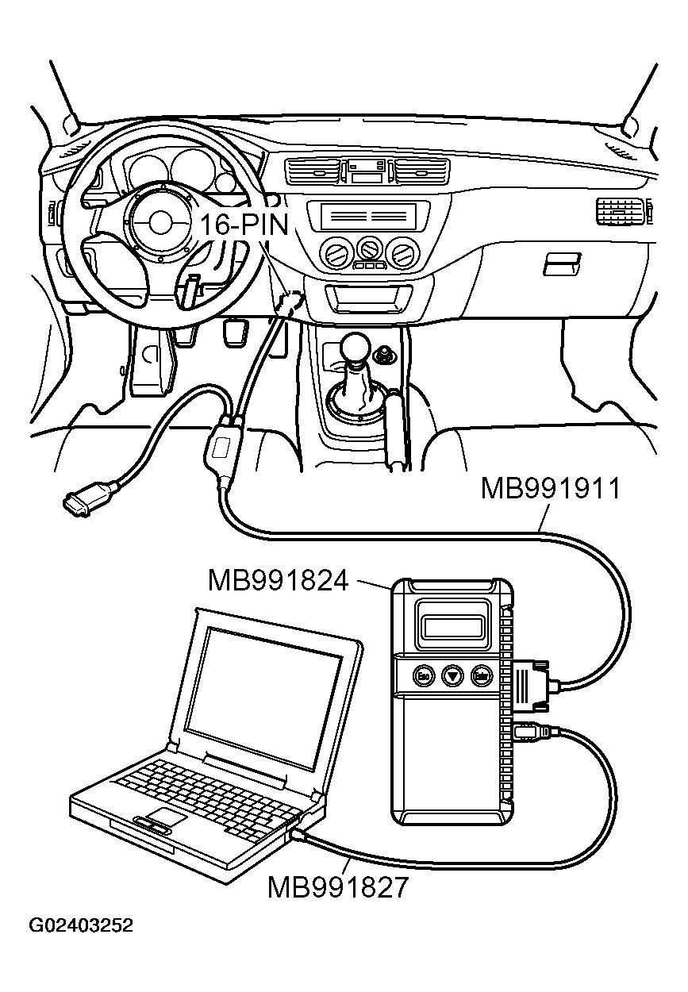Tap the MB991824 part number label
(x=279, y=581)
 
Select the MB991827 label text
(x=337, y=886)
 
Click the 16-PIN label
(x=243, y=225)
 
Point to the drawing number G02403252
(x=81, y=926)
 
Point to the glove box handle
(x=562, y=263)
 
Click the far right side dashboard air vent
(x=620, y=211)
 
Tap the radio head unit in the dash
(x=367, y=216)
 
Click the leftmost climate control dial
(x=334, y=254)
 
